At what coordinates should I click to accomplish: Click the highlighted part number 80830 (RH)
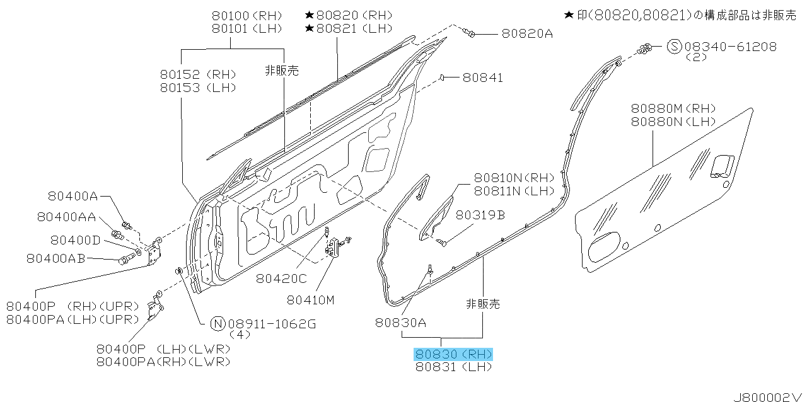pos(453,355)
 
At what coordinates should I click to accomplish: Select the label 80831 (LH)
pos(453,367)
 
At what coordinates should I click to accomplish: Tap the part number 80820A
pos(527,34)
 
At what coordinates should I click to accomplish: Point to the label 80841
pos(482,78)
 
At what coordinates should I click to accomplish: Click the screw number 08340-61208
pos(730,47)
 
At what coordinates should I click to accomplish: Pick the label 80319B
pos(480,215)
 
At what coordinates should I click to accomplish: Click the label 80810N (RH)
pos(514,178)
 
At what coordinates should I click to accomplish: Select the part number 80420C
pos(281,279)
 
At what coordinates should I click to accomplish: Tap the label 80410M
pos(311,300)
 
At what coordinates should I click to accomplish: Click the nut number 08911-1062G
pos(272,324)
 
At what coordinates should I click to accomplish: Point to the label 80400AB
pos(56,258)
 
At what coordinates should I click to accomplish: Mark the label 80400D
pos(75,240)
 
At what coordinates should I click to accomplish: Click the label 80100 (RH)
pos(247,16)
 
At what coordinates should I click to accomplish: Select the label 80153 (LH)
pos(198,88)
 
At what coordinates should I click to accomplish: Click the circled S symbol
pos(674,47)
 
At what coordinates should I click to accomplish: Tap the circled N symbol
pos(218,324)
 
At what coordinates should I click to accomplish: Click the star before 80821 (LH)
pos(310,28)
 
